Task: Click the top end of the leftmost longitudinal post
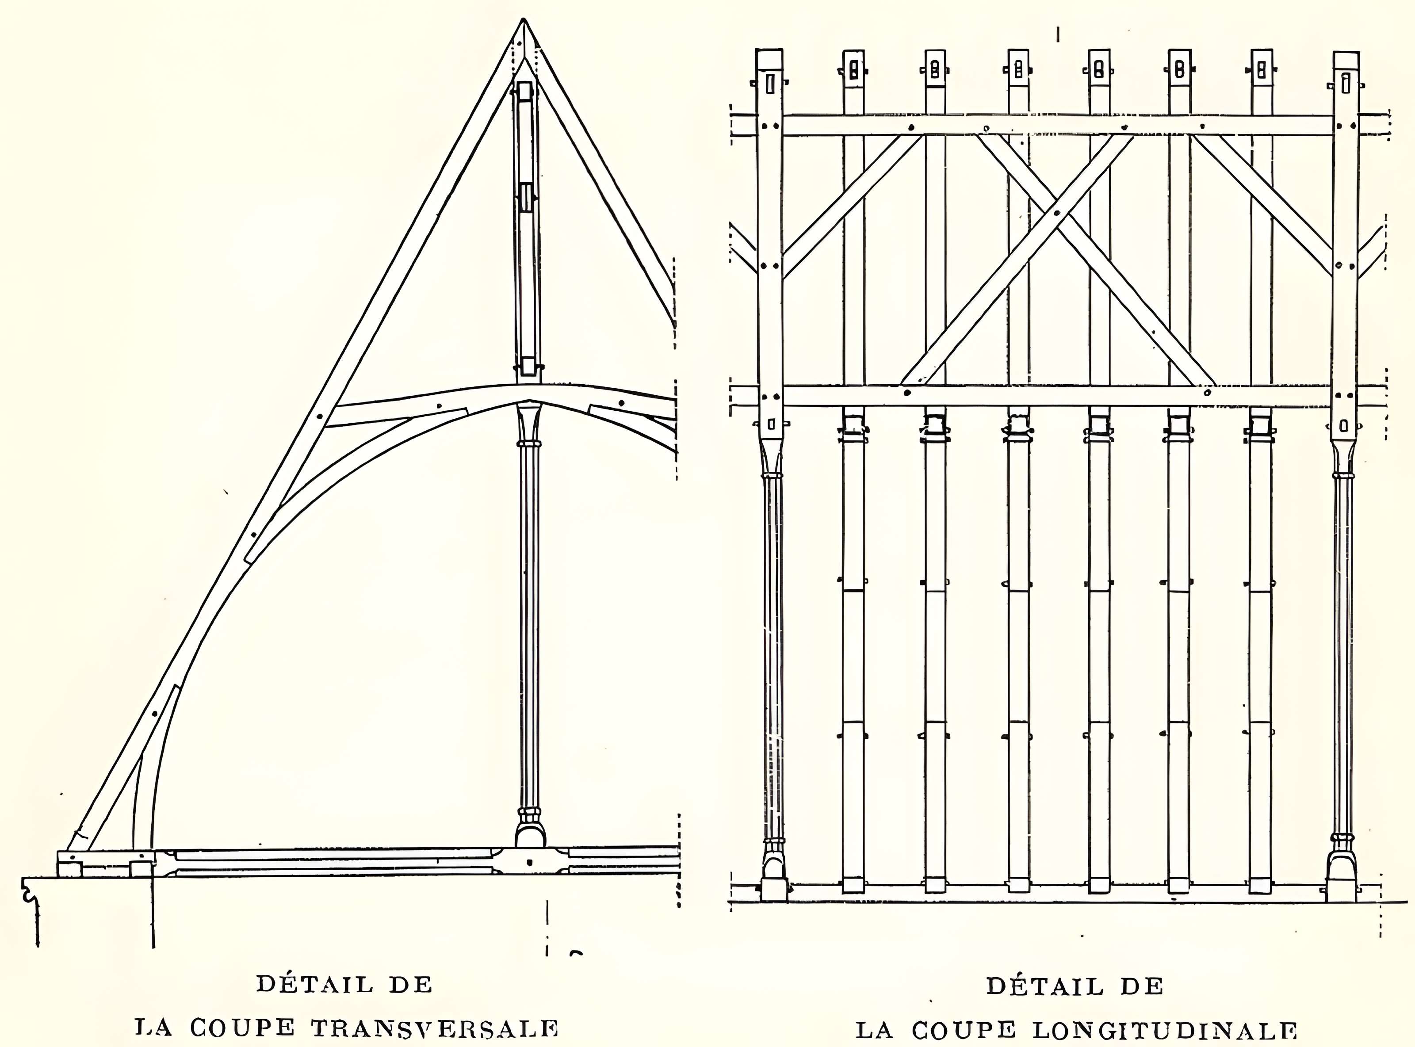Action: click(769, 60)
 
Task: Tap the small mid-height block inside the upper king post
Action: click(526, 198)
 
